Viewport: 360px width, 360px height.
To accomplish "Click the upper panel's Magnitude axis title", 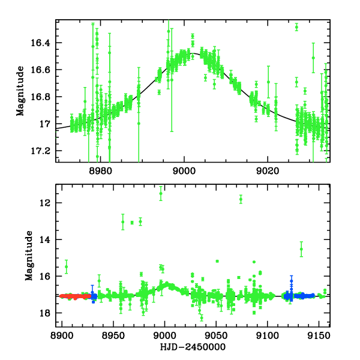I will point(20,91).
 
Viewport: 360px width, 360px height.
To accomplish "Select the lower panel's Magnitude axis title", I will point(28,256).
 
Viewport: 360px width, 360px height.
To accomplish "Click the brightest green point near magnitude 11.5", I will point(161,193).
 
